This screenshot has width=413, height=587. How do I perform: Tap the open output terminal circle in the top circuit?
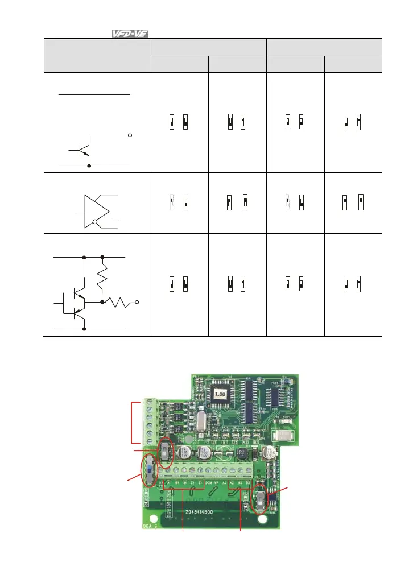130,136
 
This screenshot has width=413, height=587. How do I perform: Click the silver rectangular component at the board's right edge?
283,437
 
